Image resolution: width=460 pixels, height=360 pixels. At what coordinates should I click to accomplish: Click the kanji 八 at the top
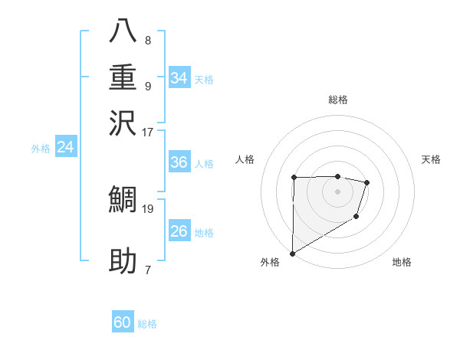click(123, 31)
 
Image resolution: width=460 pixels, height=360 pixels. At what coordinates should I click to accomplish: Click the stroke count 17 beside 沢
click(147, 132)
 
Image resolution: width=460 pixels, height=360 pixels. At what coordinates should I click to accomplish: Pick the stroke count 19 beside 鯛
click(147, 208)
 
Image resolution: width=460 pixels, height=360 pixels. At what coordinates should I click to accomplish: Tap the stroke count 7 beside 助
click(147, 270)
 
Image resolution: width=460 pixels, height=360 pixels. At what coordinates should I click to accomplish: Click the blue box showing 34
click(179, 78)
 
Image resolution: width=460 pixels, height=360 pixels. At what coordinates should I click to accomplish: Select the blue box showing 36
click(179, 162)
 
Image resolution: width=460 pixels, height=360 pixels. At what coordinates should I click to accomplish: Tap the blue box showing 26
click(179, 231)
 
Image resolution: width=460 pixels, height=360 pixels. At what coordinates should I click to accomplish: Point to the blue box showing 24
click(65, 147)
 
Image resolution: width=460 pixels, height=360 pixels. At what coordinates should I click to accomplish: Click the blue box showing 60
click(123, 322)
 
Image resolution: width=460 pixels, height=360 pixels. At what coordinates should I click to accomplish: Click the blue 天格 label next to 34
click(204, 80)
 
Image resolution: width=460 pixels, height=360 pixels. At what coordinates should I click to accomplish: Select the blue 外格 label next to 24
click(41, 149)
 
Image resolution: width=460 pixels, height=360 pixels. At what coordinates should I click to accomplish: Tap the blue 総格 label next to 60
click(147, 324)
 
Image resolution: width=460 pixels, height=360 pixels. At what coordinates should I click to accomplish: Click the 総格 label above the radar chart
click(338, 100)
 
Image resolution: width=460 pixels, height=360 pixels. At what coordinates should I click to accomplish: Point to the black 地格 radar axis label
click(402, 262)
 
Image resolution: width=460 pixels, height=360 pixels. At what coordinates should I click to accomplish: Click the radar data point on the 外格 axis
click(292, 253)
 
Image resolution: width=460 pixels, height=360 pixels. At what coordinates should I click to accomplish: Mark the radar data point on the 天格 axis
click(367, 182)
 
